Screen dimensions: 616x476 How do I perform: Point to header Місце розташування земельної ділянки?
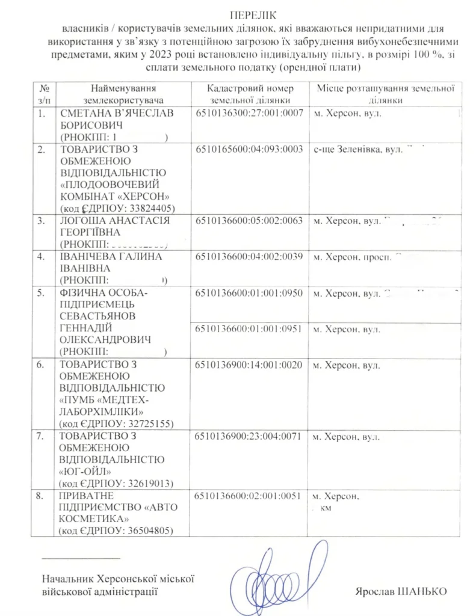click(x=386, y=94)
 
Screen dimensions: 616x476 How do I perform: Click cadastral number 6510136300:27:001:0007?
click(x=250, y=113)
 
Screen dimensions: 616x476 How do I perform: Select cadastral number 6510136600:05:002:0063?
click(x=250, y=221)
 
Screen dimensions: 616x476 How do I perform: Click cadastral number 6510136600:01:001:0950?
click(x=250, y=294)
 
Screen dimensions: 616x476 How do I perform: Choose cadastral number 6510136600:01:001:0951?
click(x=250, y=329)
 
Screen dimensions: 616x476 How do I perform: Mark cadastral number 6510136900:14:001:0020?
click(x=250, y=365)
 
